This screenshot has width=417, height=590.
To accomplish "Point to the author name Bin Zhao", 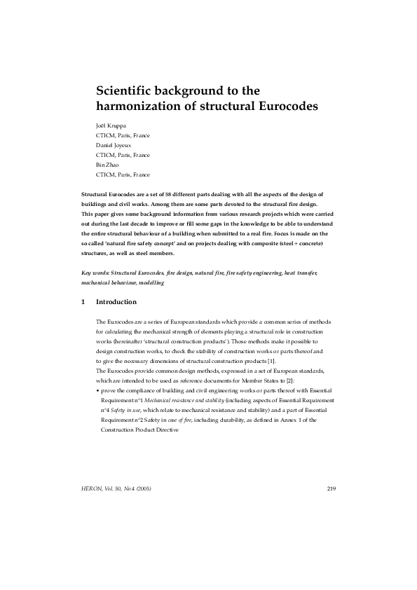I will click(109, 165).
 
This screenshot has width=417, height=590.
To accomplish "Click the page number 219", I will click(331, 488).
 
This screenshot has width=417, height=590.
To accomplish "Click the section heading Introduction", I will click(116, 302).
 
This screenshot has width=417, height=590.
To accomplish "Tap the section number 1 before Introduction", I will click(83, 302).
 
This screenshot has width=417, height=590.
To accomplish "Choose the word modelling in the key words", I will click(150, 282).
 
